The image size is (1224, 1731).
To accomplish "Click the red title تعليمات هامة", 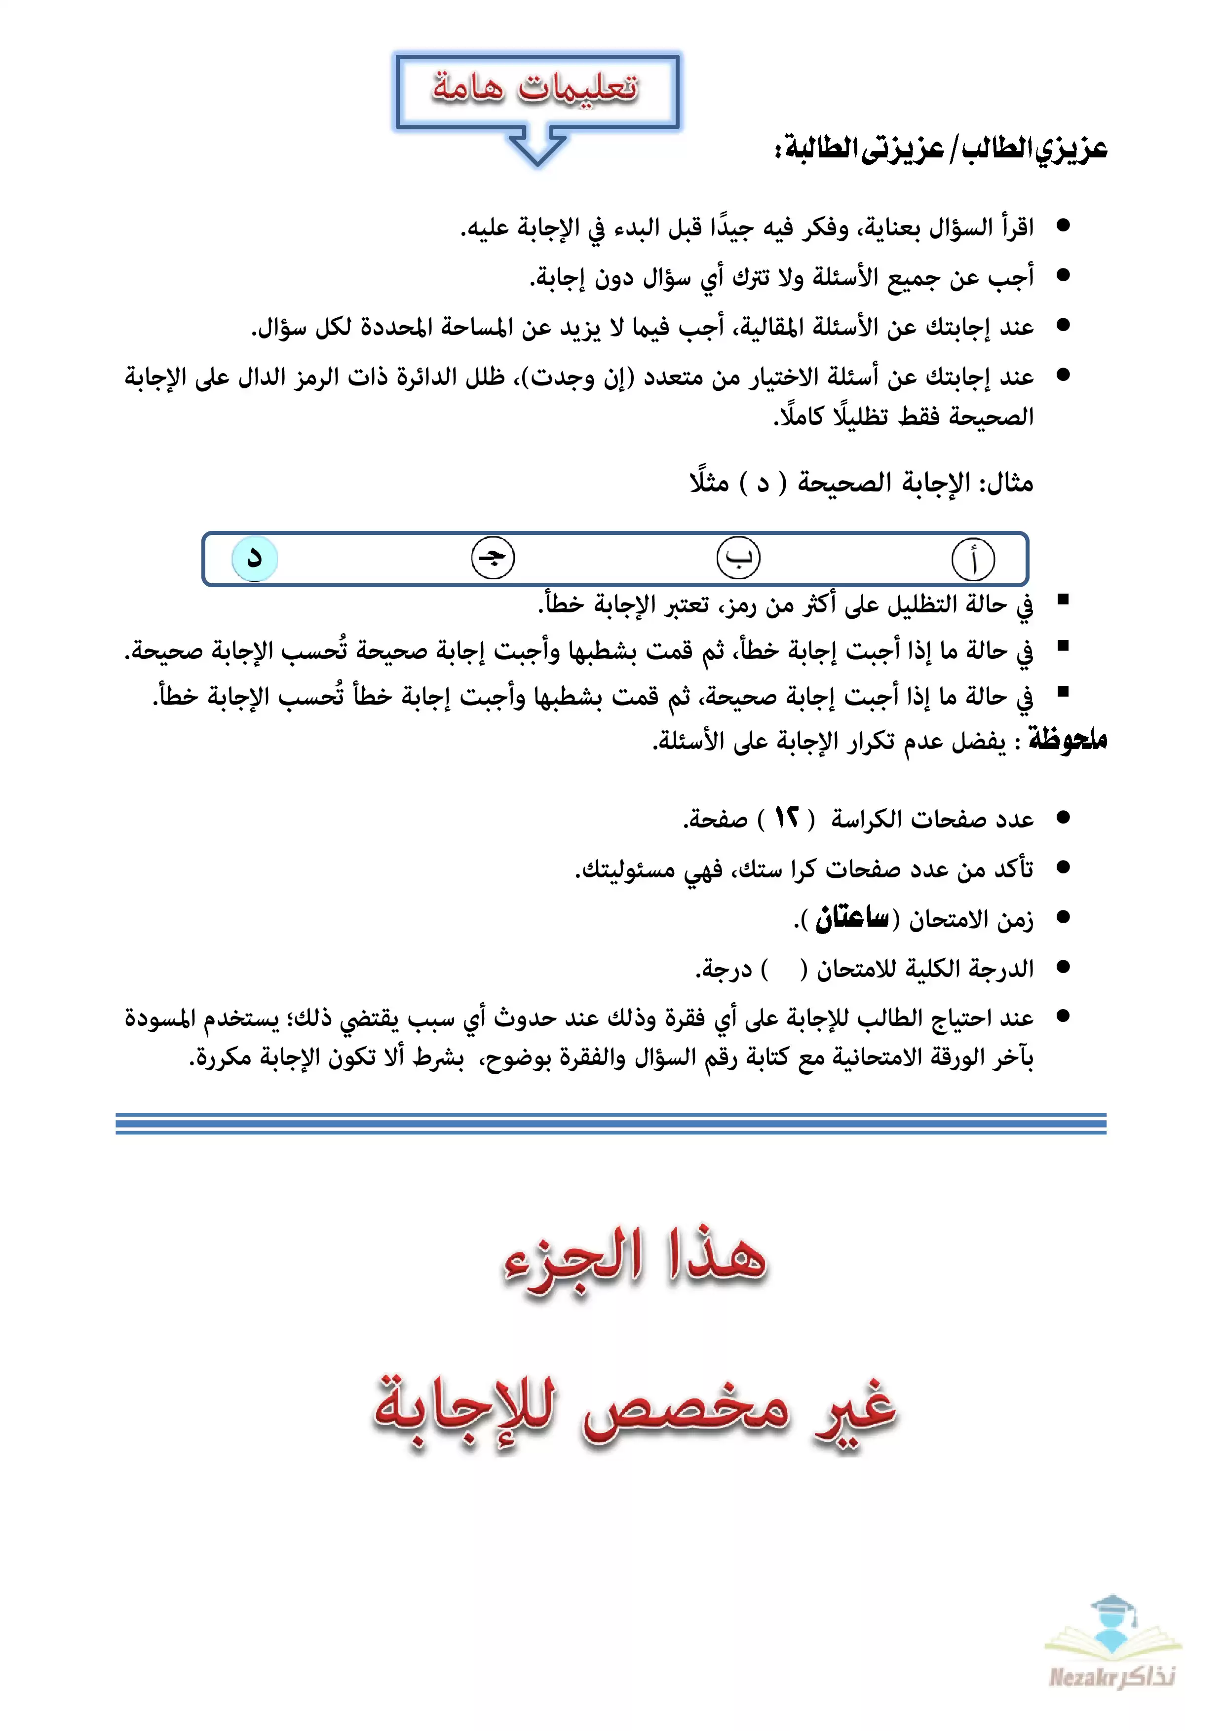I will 535,88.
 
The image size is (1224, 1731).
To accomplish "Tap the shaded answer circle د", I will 255,559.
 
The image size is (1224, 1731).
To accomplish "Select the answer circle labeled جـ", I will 493,559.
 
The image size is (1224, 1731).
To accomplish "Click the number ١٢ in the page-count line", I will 787,818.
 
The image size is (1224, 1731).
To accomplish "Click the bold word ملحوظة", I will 1069,740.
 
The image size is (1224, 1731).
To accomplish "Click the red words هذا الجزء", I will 635,1257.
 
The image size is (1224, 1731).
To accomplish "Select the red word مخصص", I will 687,1408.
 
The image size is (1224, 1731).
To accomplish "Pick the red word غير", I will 856,1408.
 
